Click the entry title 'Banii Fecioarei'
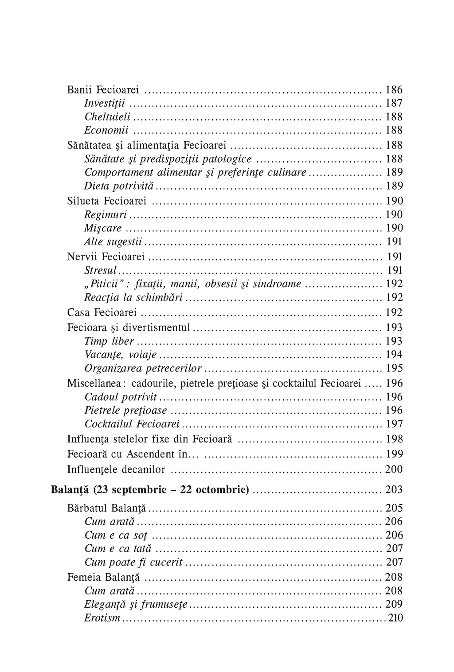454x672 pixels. click(103, 90)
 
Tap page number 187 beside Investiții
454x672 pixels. click(394, 104)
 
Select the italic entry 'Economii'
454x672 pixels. click(106, 130)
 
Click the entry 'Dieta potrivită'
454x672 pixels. click(121, 186)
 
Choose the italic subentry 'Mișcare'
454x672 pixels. click(103, 228)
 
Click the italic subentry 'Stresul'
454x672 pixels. click(101, 270)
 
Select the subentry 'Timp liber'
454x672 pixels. click(109, 341)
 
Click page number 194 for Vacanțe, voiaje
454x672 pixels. click(394, 355)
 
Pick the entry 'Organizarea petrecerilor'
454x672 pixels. click(143, 368)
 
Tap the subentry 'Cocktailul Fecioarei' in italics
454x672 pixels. click(132, 424)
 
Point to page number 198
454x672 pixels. click(394, 439)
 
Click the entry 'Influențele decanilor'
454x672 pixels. click(116, 469)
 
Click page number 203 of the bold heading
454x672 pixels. click(394, 490)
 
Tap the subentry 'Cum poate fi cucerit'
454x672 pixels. click(133, 562)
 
